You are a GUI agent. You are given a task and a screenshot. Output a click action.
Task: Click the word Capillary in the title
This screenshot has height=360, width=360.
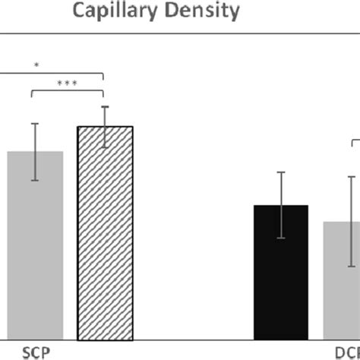tap(125, 11)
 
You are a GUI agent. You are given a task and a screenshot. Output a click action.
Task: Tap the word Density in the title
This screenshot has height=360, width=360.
tap(209, 11)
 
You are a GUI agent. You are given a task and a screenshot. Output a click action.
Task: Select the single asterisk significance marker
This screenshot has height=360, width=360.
tap(36, 65)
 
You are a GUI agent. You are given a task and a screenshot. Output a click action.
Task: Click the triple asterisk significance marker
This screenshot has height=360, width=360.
tap(67, 81)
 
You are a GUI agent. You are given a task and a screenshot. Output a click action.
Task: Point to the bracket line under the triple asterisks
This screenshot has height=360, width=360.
tap(67, 90)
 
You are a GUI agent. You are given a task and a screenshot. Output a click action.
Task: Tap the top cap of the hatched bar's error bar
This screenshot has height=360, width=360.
tap(105, 106)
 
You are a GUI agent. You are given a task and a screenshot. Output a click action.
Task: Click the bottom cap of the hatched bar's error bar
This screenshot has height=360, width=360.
tap(105, 147)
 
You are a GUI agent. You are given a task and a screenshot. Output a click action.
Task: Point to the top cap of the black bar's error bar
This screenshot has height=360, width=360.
tap(280, 172)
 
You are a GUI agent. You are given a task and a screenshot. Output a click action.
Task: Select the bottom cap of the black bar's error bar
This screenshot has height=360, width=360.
tap(280, 238)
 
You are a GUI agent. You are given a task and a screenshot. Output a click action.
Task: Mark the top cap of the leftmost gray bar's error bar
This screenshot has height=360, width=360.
tap(35, 123)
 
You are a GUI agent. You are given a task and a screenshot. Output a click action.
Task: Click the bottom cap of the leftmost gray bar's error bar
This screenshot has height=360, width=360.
tap(35, 180)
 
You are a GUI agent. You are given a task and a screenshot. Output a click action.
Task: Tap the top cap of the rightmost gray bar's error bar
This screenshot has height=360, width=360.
tap(352, 176)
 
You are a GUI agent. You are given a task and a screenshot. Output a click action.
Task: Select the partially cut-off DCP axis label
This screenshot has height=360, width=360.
tap(347, 352)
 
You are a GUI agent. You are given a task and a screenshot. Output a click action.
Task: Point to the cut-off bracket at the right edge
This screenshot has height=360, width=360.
tap(355, 144)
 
